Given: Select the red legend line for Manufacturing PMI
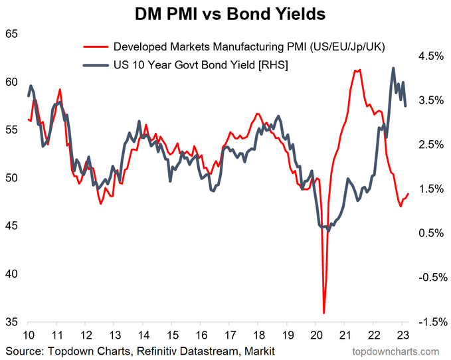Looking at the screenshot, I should [95, 47].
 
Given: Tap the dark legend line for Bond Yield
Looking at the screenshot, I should [95, 64].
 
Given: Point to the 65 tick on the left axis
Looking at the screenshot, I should [12, 34].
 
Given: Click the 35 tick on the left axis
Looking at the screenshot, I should [12, 322].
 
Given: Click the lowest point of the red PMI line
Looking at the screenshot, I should [324, 313].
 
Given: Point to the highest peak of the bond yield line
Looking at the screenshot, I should [393, 68].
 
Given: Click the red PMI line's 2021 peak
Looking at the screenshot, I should [358, 69].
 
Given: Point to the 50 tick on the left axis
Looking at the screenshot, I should [12, 178].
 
